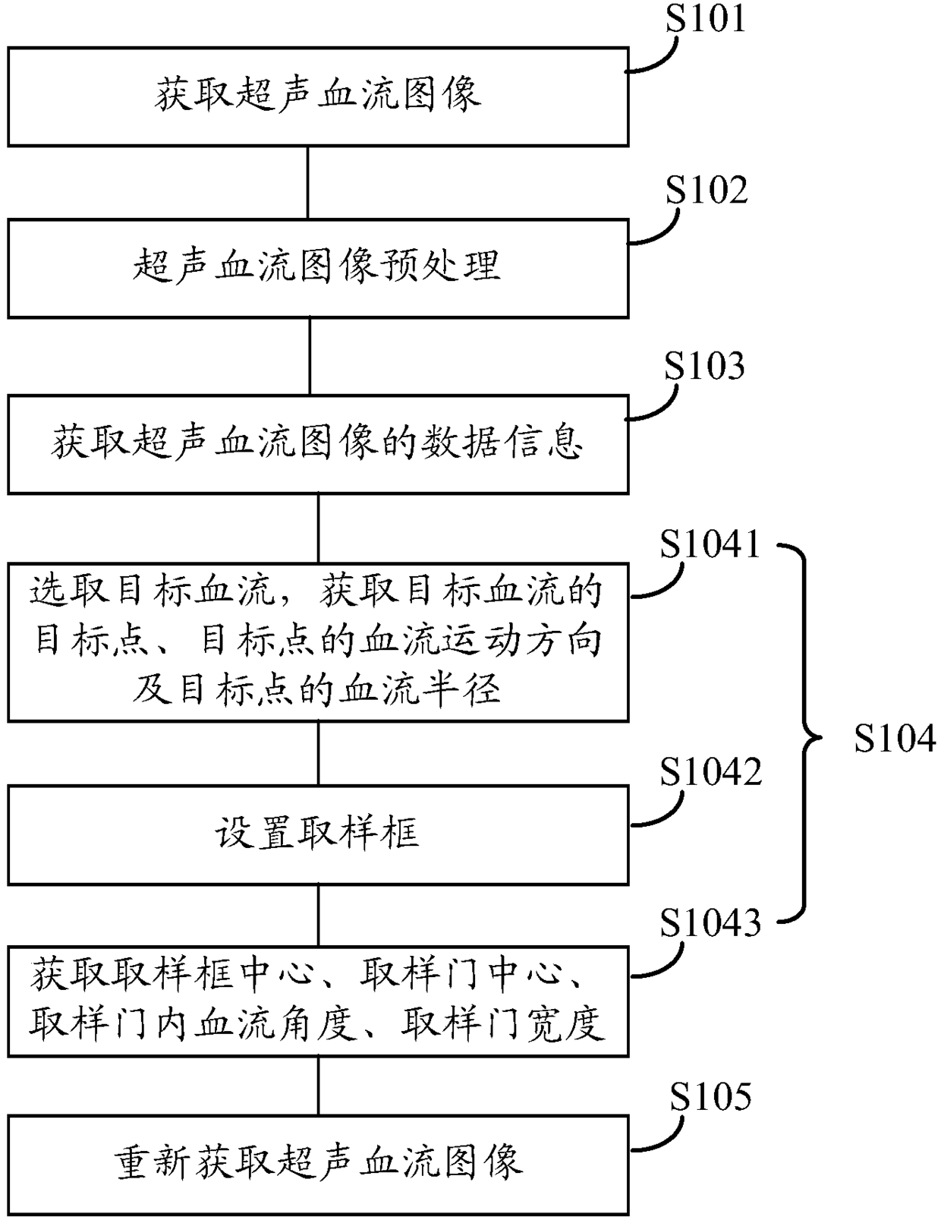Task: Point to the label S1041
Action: pos(710,544)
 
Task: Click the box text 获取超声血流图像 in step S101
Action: pos(318,93)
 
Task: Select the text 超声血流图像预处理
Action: pos(317,265)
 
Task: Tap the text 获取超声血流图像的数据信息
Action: pos(317,441)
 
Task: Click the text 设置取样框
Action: pos(317,833)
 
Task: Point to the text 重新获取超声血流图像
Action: pos(318,1161)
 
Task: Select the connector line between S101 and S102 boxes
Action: pos(307,182)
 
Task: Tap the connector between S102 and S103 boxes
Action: pos(310,356)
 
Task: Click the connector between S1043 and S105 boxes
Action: pos(319,1086)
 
